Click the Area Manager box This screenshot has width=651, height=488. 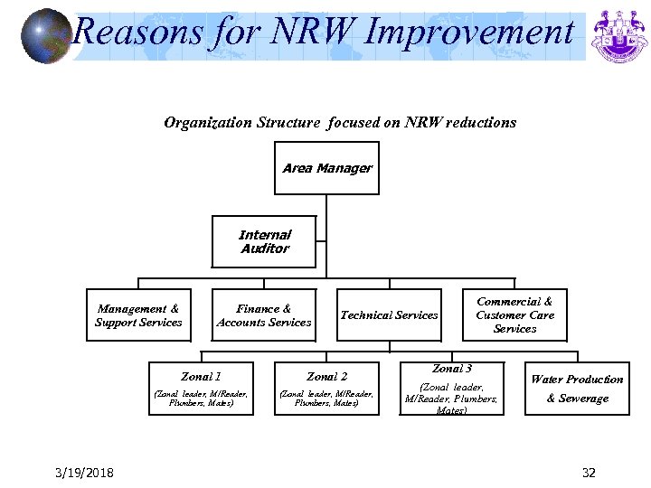[x=326, y=168]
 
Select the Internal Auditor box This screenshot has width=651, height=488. [x=264, y=242]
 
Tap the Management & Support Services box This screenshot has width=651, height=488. [x=138, y=315]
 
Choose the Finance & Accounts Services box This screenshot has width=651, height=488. [x=264, y=315]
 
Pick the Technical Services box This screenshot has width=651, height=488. [x=389, y=315]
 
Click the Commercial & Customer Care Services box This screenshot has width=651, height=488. [x=514, y=315]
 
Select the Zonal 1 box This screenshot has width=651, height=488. [x=201, y=388]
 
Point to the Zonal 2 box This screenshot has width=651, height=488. [x=326, y=388]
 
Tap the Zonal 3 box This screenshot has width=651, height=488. [x=451, y=389]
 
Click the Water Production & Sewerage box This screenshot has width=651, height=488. [x=577, y=389]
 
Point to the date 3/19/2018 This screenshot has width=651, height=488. [x=83, y=473]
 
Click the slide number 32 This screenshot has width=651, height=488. [x=589, y=473]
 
